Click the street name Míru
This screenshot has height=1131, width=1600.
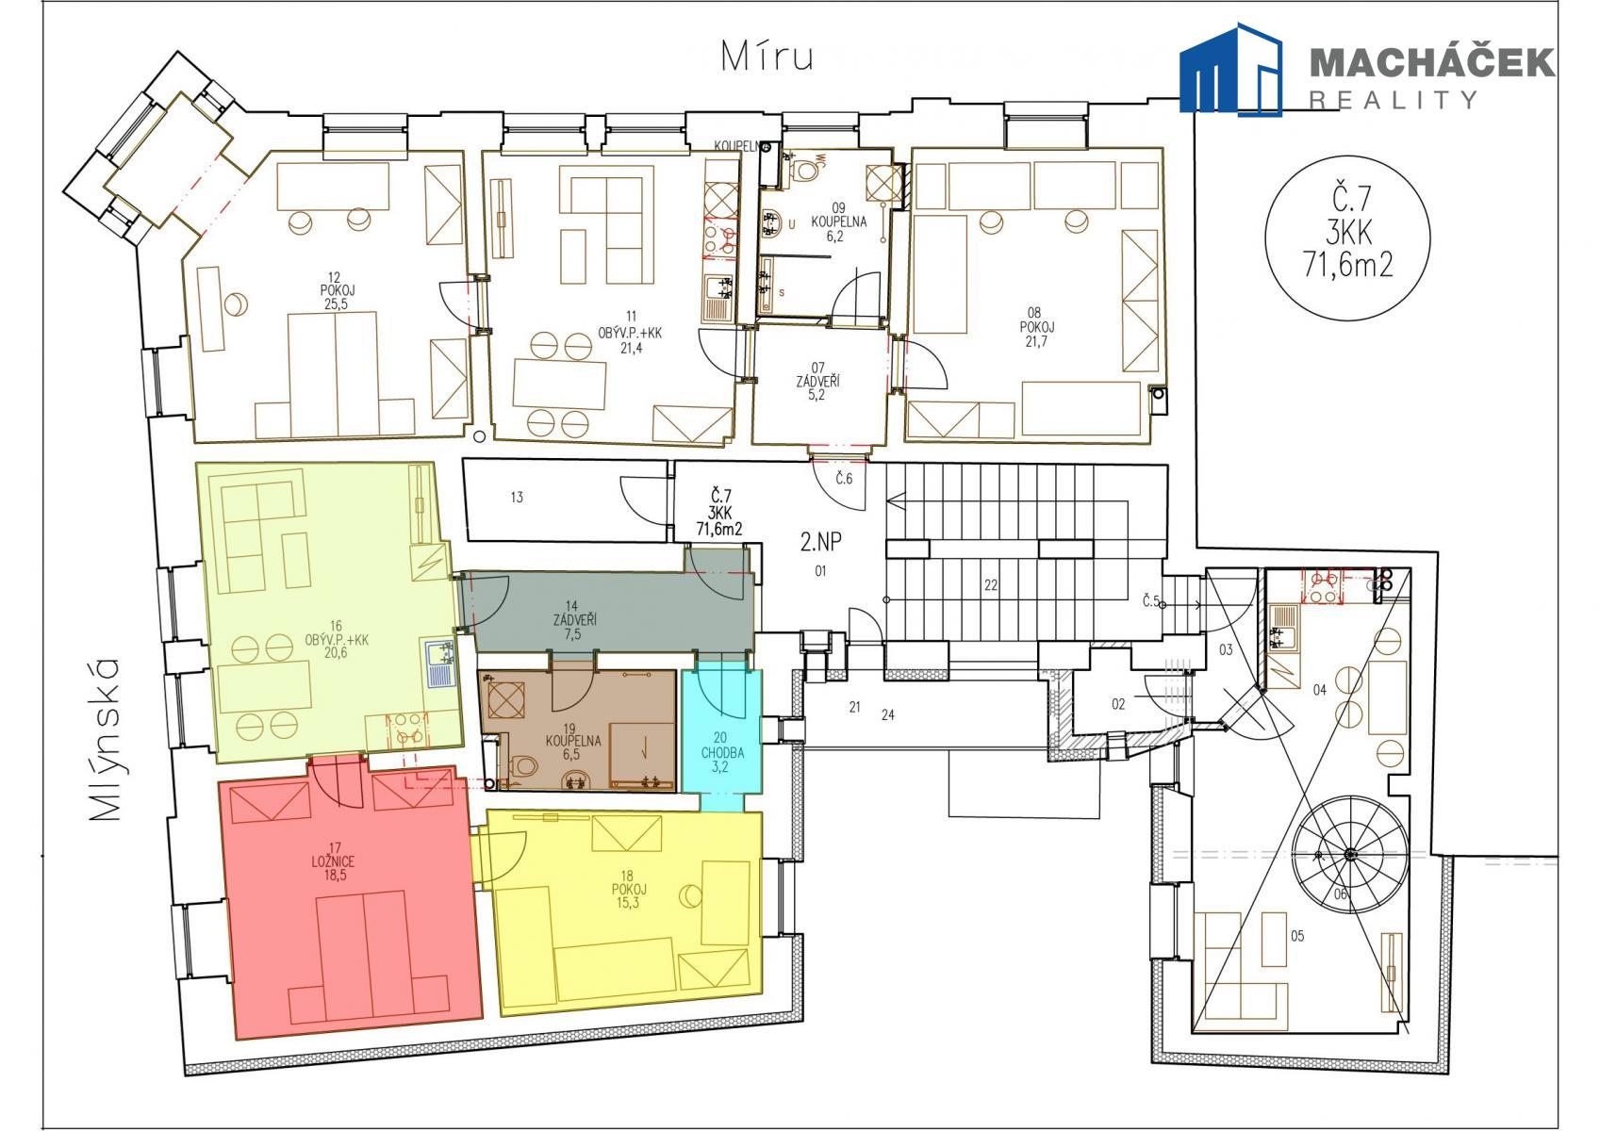[x=767, y=57]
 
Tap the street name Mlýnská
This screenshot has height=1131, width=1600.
[x=105, y=739]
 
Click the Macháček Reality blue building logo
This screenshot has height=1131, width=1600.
[x=1230, y=69]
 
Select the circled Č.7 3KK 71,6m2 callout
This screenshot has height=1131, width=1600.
[x=1347, y=238]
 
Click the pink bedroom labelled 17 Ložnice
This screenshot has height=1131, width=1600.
[x=350, y=903]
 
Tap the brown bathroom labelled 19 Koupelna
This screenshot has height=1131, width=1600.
[x=577, y=730]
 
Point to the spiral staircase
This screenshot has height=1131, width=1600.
[x=1350, y=854]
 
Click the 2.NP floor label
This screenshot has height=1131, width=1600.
[x=820, y=542]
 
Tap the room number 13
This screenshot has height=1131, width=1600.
[x=517, y=497]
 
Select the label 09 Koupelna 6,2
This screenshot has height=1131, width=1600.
[x=838, y=221]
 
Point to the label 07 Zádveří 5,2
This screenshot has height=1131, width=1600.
[x=817, y=381]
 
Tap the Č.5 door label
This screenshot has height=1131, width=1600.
[x=1150, y=601]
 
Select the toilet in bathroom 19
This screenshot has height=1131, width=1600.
[x=524, y=766]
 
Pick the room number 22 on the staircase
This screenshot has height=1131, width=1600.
[x=991, y=585]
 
